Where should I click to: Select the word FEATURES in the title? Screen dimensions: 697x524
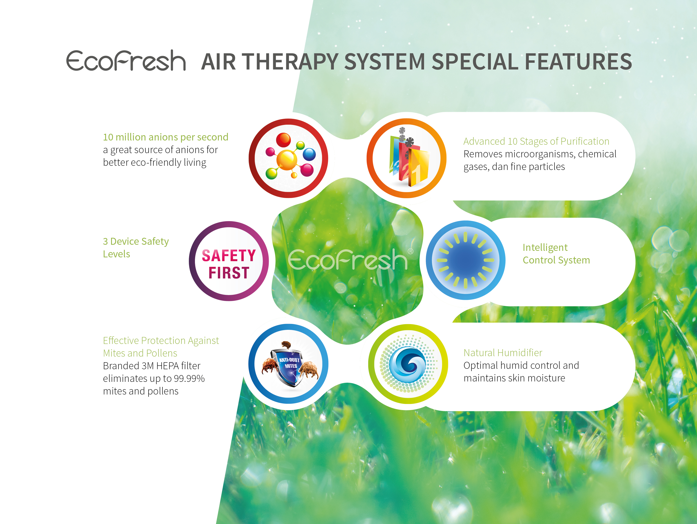click(578, 61)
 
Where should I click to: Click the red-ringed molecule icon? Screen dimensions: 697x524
click(288, 158)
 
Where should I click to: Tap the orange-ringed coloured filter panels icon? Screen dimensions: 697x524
click(407, 158)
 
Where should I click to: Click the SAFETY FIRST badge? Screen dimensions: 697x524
click(229, 261)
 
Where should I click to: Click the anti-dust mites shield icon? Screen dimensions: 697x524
click(288, 364)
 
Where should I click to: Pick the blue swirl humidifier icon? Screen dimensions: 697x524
click(408, 364)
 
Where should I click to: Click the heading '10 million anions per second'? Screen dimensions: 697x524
click(165, 137)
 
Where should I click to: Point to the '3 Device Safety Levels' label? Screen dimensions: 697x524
click(136, 247)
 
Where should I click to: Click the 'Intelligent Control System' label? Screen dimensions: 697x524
click(556, 254)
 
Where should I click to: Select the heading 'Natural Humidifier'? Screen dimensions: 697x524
click(503, 353)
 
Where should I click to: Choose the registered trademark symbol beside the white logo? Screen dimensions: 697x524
click(410, 251)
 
